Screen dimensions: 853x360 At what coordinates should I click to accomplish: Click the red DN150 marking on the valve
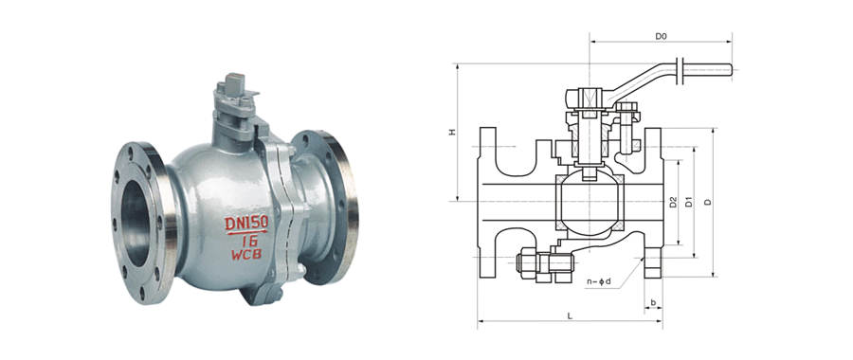246,223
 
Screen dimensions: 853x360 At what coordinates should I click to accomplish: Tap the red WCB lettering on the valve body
246,254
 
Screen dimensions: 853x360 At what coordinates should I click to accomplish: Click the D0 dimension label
661,36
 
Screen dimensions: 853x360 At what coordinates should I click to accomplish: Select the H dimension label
452,132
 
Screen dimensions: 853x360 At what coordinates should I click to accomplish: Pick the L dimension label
570,315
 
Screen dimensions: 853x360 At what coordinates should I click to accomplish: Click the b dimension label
653,302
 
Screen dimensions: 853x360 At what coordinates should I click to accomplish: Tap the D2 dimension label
673,202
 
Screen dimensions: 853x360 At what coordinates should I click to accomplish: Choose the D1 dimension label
689,201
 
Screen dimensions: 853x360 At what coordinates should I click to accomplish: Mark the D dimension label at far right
707,202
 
